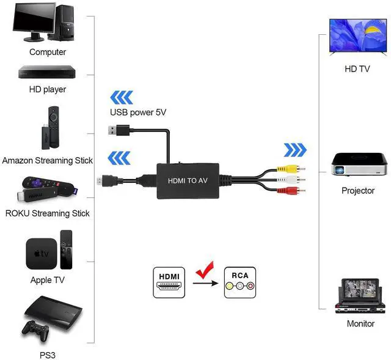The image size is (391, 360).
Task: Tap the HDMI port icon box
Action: click(x=169, y=282)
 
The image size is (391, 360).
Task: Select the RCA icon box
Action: click(x=240, y=282)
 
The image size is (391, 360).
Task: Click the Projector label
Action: click(x=357, y=191)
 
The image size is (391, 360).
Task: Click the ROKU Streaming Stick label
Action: click(x=47, y=213)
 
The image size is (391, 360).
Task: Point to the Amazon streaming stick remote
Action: click(x=53, y=125)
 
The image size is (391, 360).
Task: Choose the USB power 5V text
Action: click(x=138, y=112)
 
